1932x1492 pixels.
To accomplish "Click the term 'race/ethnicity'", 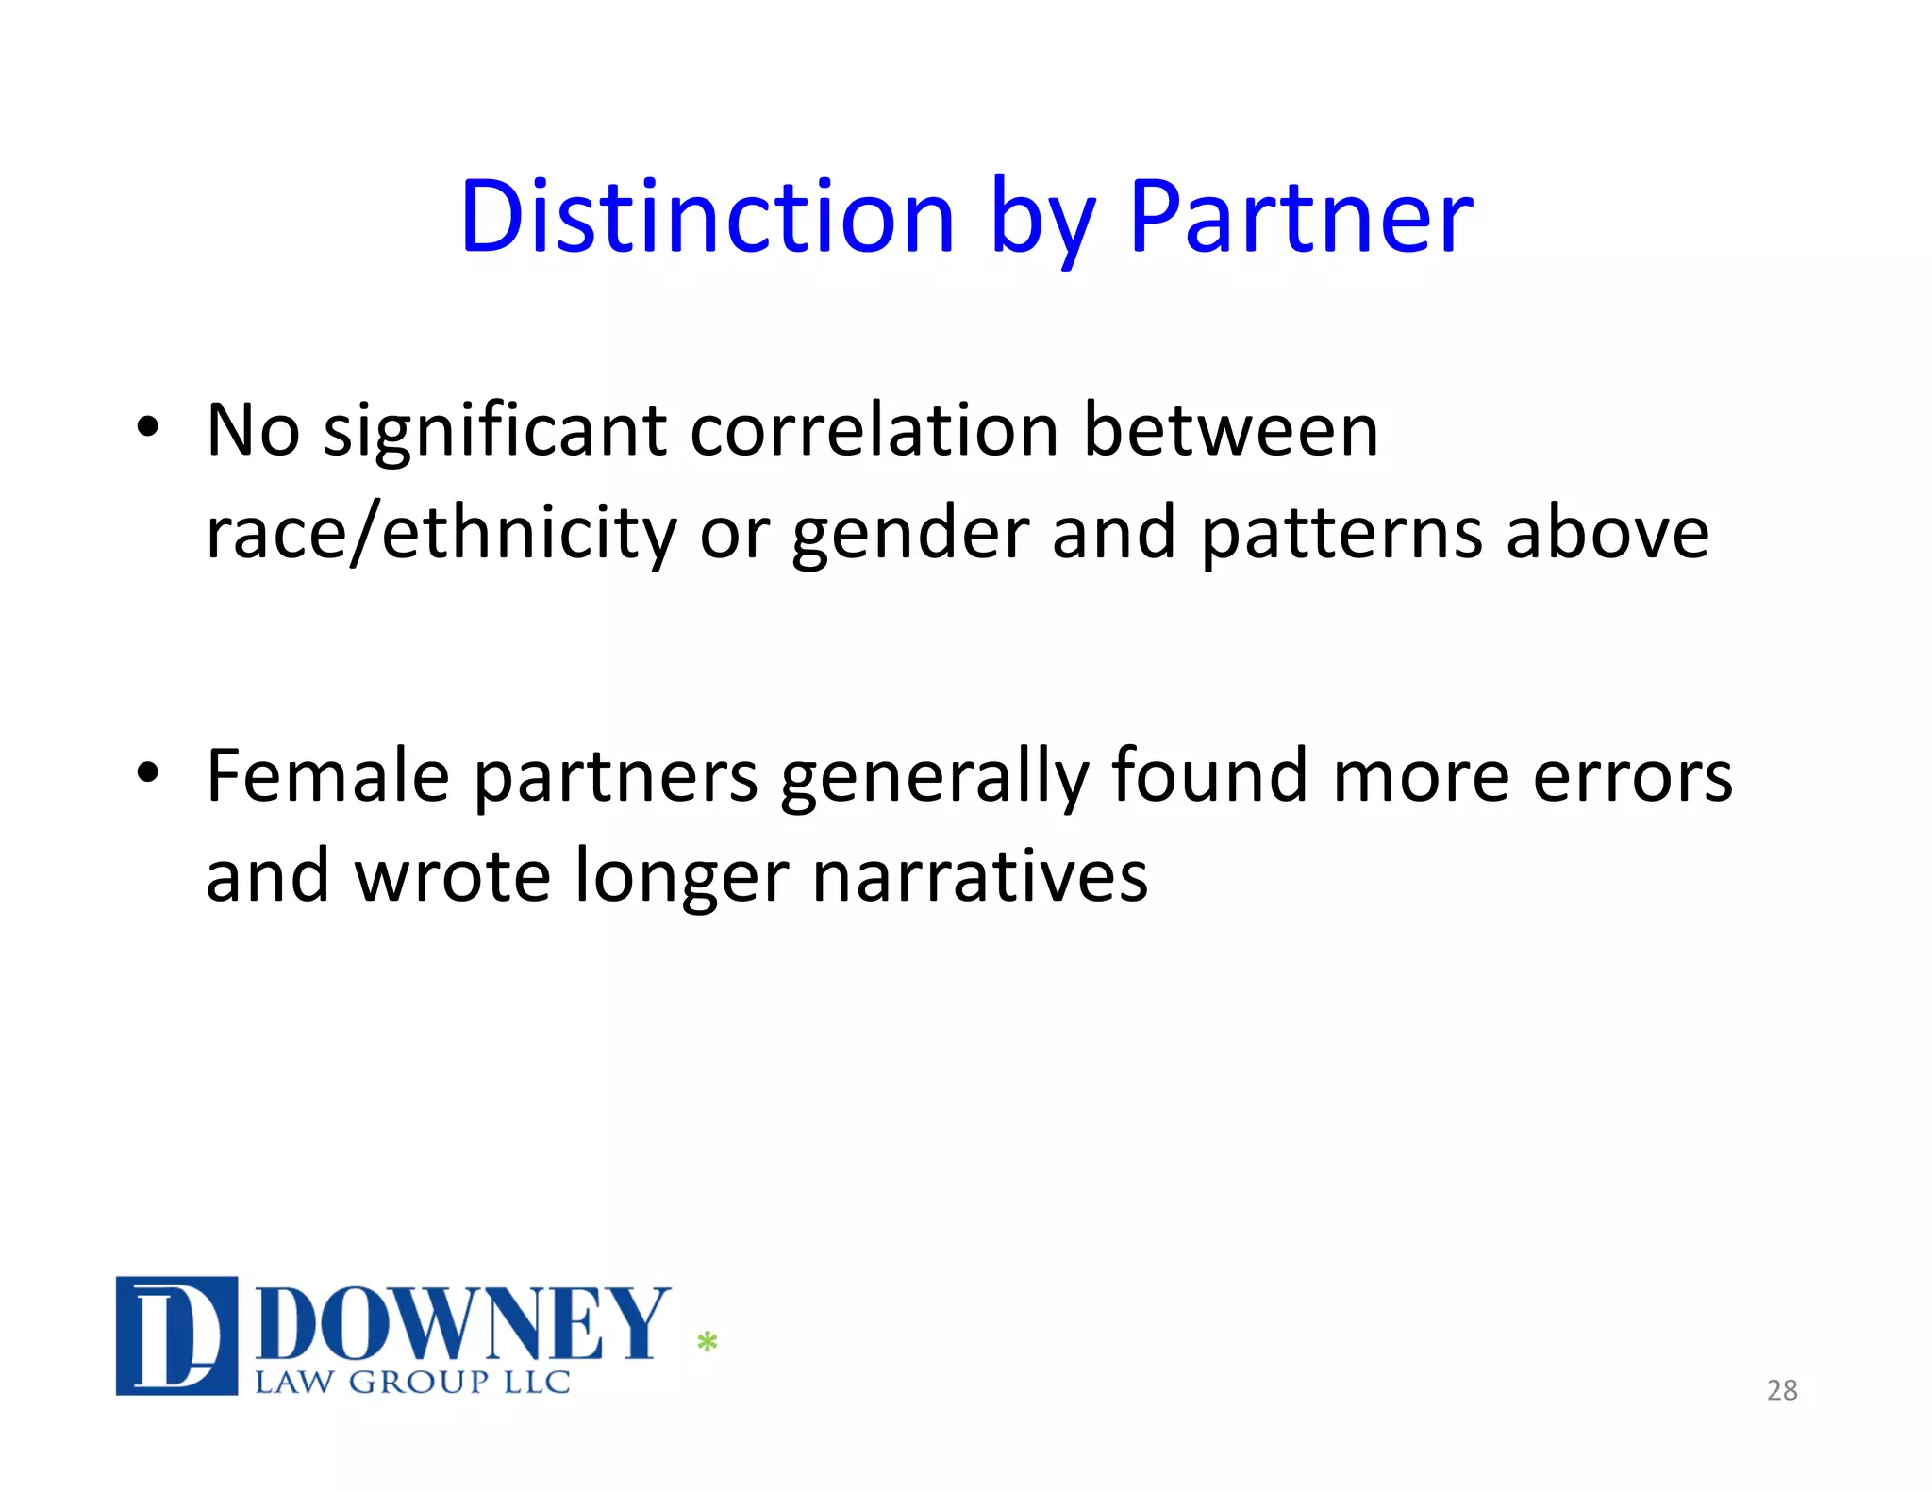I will (441, 534).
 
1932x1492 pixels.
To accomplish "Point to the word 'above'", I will (1607, 533).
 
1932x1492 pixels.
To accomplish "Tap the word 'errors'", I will (1632, 777).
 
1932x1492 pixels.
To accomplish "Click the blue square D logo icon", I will (176, 1335).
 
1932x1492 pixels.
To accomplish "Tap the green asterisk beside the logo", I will (708, 1342).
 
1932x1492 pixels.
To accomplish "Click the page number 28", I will (1781, 1390).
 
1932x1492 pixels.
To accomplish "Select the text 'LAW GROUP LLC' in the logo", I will (412, 1383).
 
